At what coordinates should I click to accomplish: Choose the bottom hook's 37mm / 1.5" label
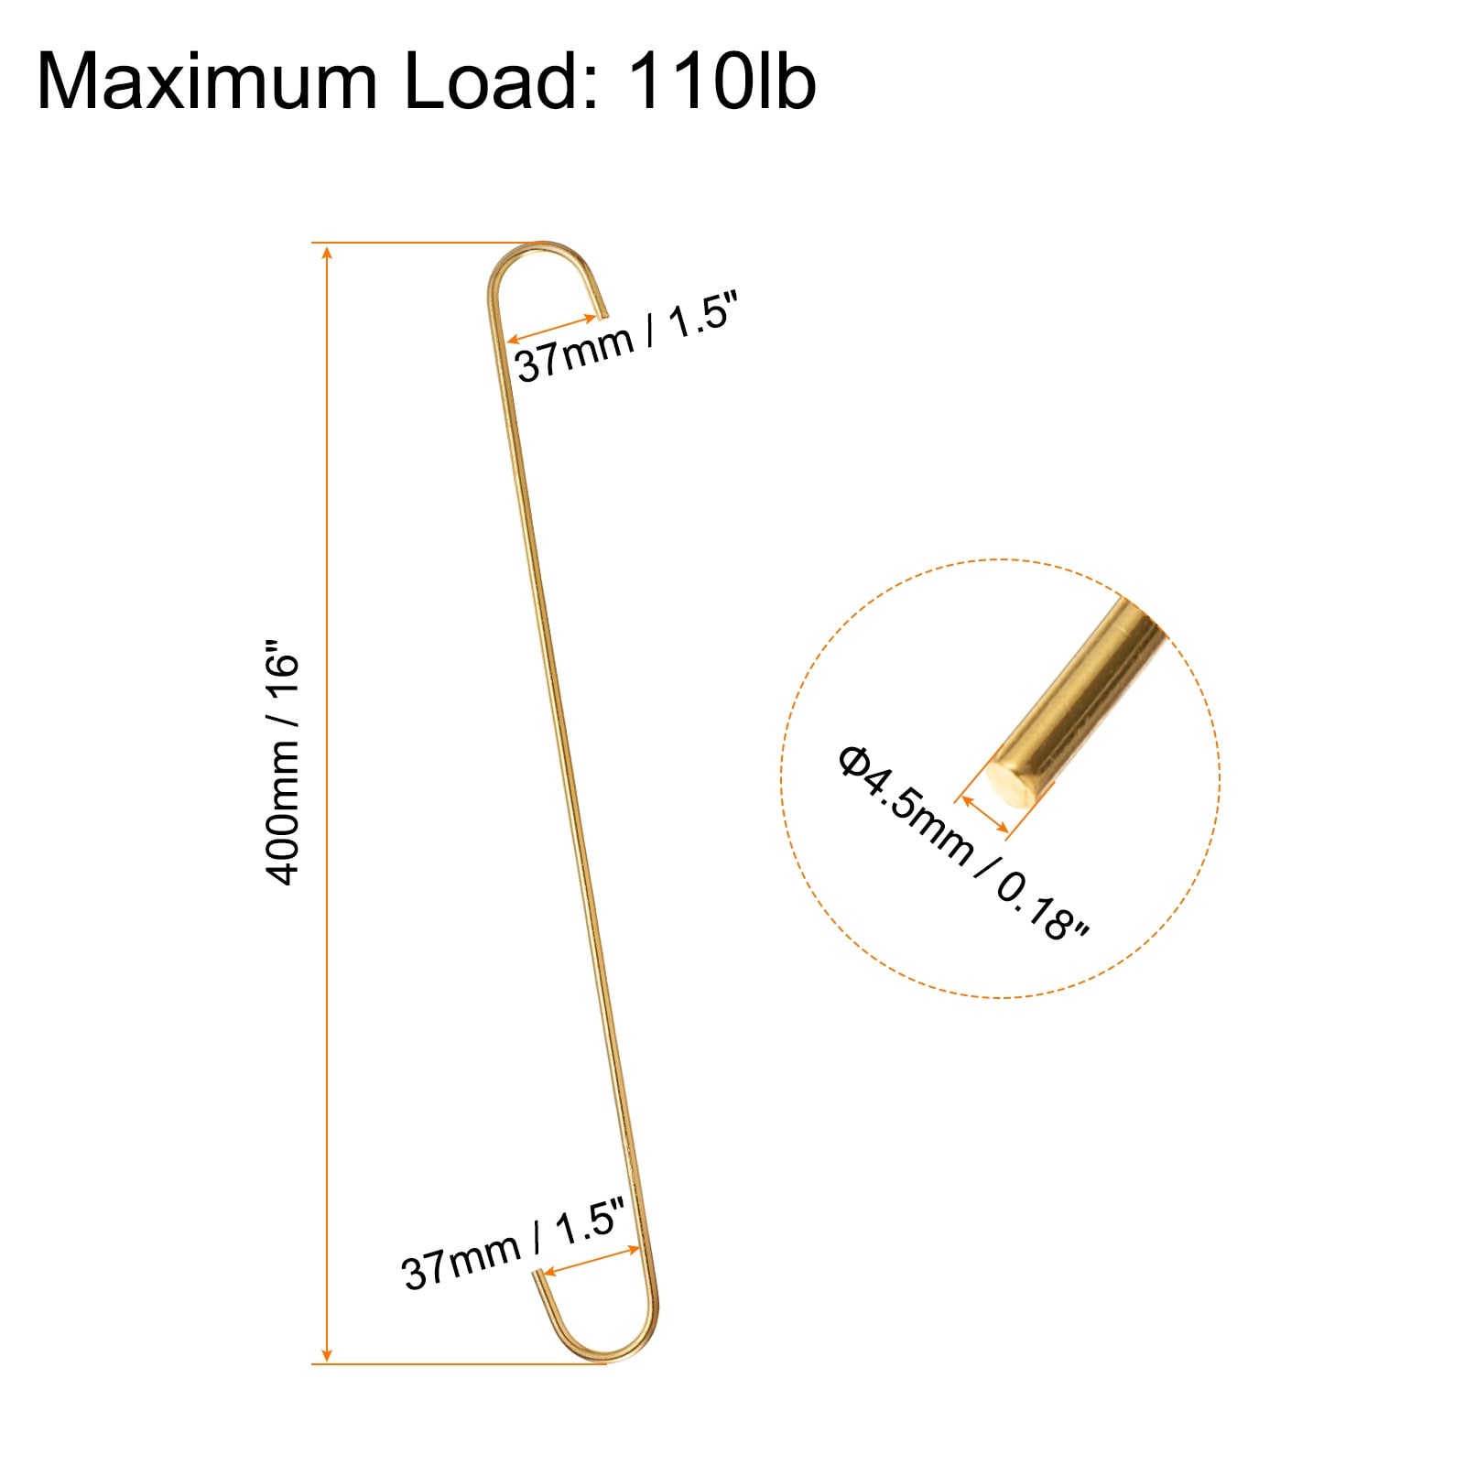(x=513, y=1244)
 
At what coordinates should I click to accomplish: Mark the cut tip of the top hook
(x=602, y=315)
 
